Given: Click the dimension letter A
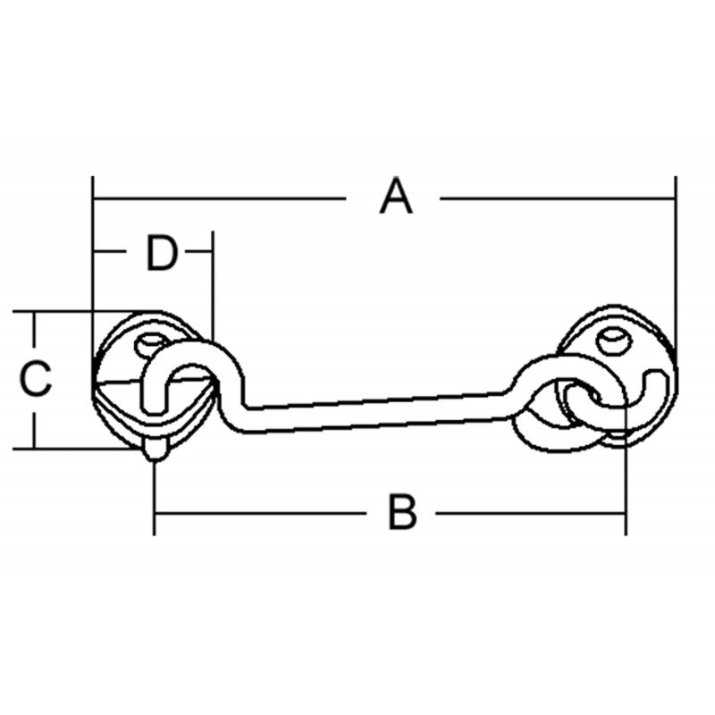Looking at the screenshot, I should point(396,198).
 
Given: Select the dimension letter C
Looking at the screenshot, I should point(36,379).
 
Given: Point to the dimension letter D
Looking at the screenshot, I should point(162,254).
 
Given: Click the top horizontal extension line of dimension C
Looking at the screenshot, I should point(71,312).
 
